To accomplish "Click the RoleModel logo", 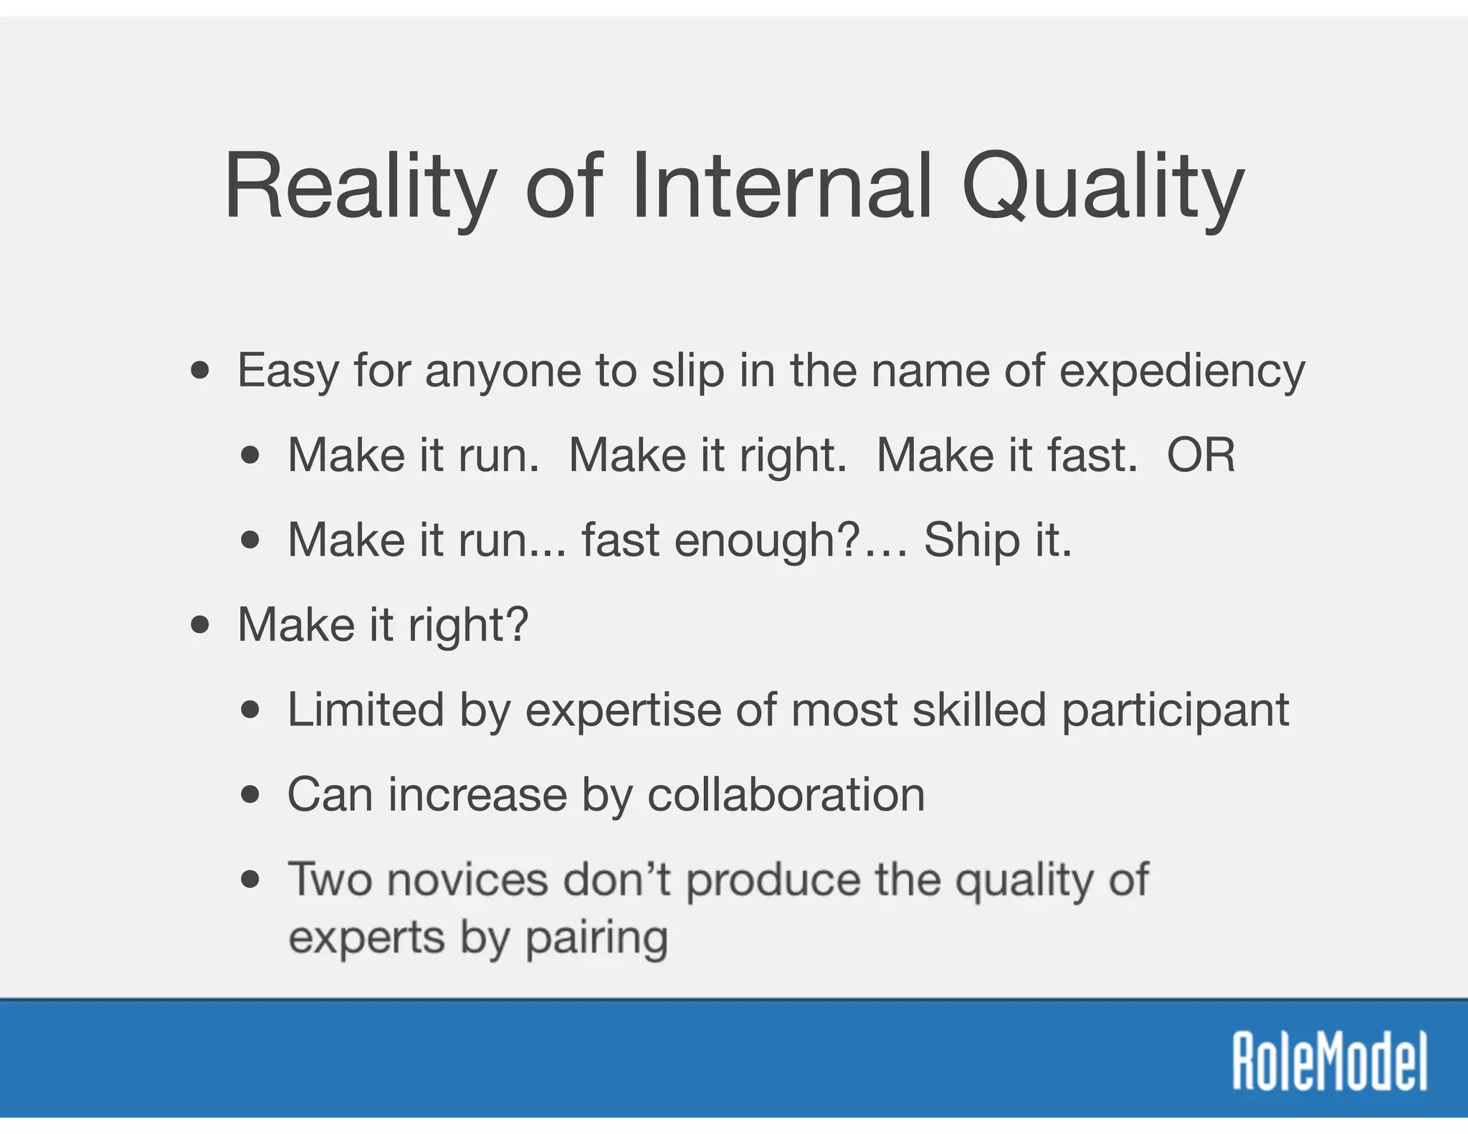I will (1329, 1061).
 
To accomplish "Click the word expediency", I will (1182, 371).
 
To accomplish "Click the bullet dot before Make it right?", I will (201, 624).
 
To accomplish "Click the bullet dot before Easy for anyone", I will (201, 371).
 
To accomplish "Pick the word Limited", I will (366, 710).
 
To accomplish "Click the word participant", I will (1176, 711).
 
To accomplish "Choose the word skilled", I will (979, 710).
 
